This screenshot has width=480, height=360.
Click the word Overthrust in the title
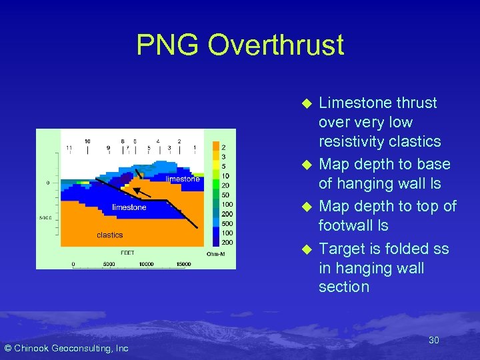click(x=276, y=45)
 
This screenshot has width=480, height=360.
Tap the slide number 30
click(x=433, y=340)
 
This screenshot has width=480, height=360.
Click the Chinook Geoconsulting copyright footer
click(x=67, y=348)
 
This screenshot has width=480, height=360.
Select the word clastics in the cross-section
click(x=110, y=235)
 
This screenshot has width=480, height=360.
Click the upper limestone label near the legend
click(x=183, y=179)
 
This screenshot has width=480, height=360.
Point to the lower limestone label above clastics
click(x=129, y=207)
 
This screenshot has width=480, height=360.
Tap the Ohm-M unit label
click(x=216, y=253)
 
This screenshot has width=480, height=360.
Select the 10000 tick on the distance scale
click(x=146, y=264)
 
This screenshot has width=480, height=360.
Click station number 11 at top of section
click(x=69, y=147)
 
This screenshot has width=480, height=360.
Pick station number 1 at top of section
click(x=194, y=147)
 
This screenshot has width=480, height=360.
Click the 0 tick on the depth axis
click(x=48, y=182)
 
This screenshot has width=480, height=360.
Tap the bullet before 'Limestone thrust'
click(x=307, y=104)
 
